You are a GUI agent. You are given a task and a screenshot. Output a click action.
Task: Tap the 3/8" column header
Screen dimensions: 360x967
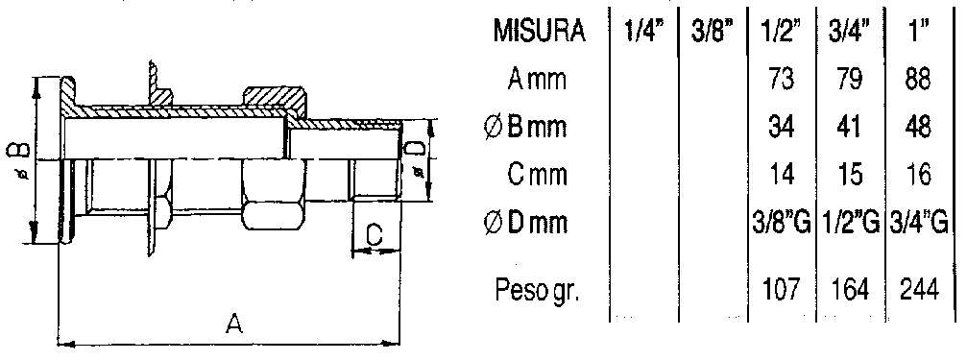(x=712, y=32)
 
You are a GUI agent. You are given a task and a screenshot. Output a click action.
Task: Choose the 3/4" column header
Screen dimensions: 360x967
(x=849, y=32)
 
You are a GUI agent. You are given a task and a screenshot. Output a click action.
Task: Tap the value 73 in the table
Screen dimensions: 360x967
(x=780, y=80)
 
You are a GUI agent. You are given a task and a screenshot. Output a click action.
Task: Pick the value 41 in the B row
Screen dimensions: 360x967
(x=850, y=127)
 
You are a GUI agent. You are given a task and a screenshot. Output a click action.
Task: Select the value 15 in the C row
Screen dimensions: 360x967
(x=850, y=175)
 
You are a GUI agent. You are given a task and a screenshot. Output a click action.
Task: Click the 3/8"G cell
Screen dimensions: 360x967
(x=780, y=223)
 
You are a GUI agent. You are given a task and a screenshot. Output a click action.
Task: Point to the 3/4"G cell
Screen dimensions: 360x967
(x=920, y=223)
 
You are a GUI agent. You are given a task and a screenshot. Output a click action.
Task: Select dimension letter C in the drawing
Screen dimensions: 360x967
(x=376, y=234)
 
